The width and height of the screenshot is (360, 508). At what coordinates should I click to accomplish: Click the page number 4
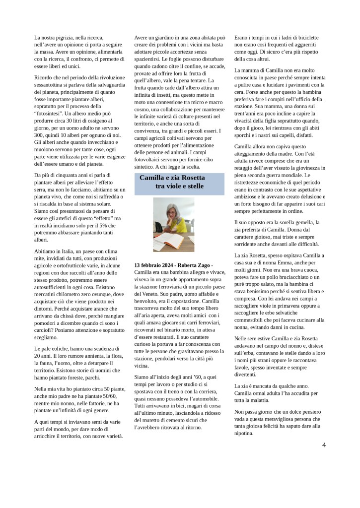click(324, 444)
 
